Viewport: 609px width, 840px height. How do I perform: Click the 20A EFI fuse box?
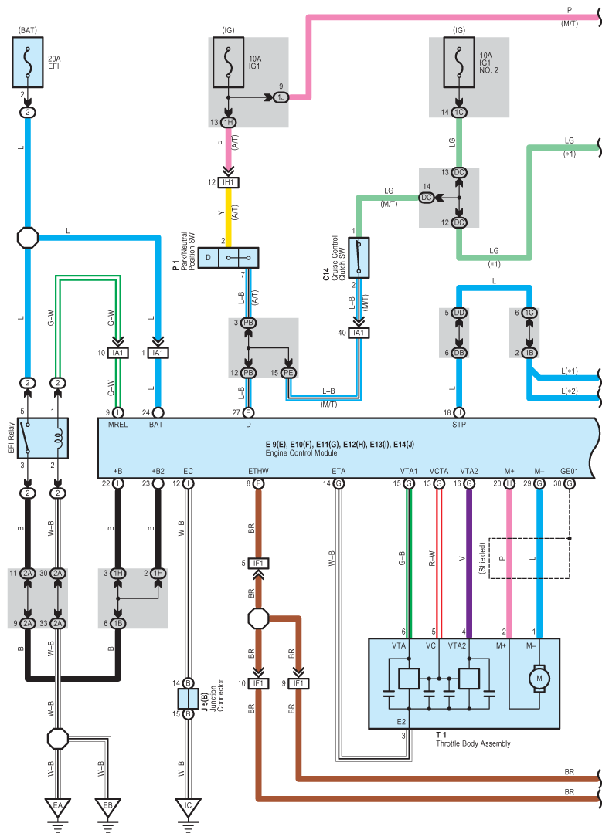[x=28, y=62]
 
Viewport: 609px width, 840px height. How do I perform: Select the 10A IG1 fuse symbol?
[x=229, y=62]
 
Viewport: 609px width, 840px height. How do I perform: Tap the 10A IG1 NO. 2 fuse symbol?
[x=459, y=62]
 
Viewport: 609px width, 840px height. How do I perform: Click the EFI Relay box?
[x=43, y=439]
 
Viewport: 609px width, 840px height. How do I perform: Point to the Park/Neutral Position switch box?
[x=229, y=258]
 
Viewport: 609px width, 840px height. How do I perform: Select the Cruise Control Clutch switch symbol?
[x=359, y=258]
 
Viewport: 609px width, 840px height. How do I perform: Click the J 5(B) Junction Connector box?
[x=188, y=699]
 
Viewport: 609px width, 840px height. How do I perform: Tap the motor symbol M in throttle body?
[x=539, y=678]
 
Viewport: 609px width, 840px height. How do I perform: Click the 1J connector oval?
[x=281, y=97]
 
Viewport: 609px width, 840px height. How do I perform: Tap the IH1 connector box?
[x=229, y=182]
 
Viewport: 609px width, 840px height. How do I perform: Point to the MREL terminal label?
[x=118, y=425]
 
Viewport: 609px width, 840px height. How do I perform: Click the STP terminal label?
[x=459, y=425]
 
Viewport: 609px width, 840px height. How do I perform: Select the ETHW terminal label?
[x=258, y=471]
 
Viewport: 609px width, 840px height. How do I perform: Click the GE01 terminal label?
[x=570, y=471]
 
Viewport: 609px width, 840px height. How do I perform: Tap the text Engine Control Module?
[x=301, y=452]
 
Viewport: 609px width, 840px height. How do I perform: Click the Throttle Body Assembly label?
[x=473, y=743]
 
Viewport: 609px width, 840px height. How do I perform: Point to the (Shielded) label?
[x=482, y=558]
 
